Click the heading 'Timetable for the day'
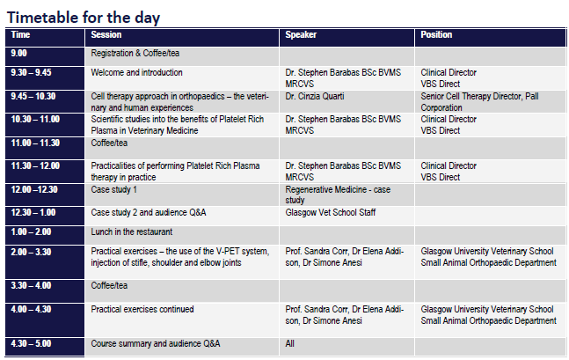(84, 18)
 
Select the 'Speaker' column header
(301, 35)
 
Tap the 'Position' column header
(436, 35)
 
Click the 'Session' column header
(106, 35)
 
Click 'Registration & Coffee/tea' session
(135, 54)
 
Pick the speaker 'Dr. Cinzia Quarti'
(315, 96)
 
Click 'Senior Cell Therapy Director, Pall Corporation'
(479, 102)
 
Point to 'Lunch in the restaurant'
(132, 231)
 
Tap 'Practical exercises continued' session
(142, 309)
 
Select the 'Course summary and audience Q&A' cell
(156, 343)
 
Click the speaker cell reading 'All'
(289, 343)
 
